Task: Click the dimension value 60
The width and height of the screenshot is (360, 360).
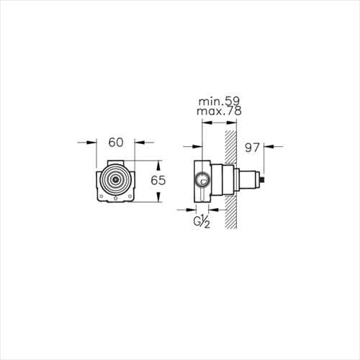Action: (116, 143)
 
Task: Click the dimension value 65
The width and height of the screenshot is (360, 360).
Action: (158, 181)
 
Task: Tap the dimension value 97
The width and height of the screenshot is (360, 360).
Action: (252, 148)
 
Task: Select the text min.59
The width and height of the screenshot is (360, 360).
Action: (219, 102)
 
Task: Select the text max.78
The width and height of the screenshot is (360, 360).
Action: (219, 111)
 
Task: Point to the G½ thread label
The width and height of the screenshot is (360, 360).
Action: (202, 222)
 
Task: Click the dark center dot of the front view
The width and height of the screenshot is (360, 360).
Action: (116, 179)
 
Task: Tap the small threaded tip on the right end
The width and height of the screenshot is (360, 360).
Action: (263, 179)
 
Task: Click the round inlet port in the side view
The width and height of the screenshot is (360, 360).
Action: (202, 179)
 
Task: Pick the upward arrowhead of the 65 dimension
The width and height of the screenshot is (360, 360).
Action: (158, 166)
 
